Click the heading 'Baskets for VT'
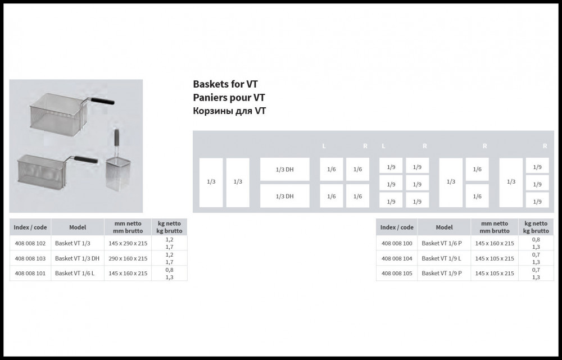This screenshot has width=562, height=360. coord(225,84)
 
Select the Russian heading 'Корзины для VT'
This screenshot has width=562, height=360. coord(229,111)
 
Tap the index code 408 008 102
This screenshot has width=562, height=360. coord(30,243)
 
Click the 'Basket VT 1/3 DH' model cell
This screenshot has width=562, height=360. coord(77,258)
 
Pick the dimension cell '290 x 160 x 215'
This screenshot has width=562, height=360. coord(128,258)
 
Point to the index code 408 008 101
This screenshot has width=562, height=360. coord(30,274)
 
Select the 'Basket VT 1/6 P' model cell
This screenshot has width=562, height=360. coord(442,243)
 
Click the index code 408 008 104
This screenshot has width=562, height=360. coord(397,258)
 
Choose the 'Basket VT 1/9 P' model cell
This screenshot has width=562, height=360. coord(442,274)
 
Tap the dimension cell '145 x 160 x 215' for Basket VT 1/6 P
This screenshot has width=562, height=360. coord(495,243)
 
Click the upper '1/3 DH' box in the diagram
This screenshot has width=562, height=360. coord(284,170)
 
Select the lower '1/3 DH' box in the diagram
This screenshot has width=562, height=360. coord(284,196)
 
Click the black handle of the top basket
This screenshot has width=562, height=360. coord(102,101)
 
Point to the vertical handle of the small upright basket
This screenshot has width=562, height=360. coord(116,138)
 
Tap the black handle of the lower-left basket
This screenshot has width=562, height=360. coord(85,160)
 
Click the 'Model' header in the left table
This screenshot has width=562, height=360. coord(78,227)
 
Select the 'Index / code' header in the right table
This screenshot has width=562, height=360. coord(397,227)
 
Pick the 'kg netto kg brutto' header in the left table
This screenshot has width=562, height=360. coord(170,227)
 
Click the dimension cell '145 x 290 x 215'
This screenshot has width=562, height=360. coord(128,243)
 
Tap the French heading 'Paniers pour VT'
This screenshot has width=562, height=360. coord(229,98)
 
